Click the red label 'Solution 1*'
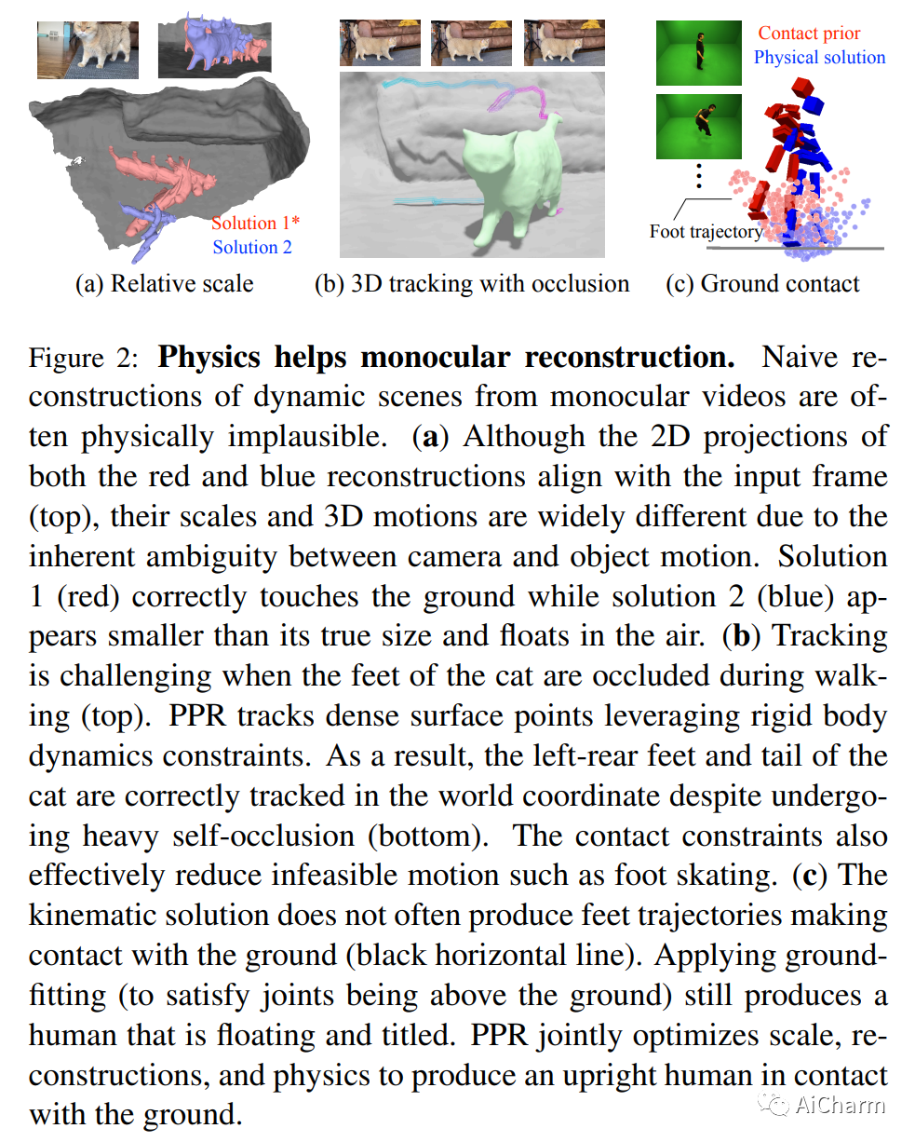coord(255,223)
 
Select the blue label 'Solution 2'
coord(251,247)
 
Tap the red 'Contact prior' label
coord(809,34)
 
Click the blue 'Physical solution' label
coord(819,57)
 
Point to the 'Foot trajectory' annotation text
coord(705,232)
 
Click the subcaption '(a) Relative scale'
coord(164,284)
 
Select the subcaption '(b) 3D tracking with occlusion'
coord(472,284)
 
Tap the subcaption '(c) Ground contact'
coord(763,284)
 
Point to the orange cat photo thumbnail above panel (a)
coord(87,50)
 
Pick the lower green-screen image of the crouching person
coord(699,125)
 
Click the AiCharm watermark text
coord(840,1105)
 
